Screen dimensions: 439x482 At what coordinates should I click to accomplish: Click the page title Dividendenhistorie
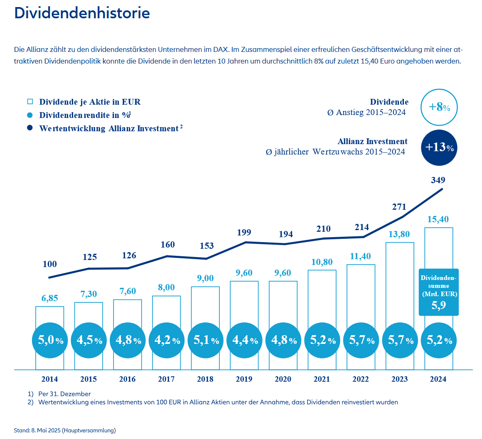click(x=82, y=13)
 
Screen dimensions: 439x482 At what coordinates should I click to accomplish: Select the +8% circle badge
click(x=439, y=107)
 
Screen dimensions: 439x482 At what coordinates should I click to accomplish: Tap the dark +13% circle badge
click(x=439, y=147)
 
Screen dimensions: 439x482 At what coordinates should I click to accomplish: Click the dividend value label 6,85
click(x=50, y=298)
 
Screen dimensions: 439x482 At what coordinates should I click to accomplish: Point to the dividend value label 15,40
click(x=438, y=219)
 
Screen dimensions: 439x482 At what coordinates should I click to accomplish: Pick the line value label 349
click(x=438, y=180)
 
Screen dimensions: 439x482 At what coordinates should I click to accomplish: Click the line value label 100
click(x=50, y=264)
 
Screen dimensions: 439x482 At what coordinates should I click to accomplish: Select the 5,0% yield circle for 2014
click(x=50, y=341)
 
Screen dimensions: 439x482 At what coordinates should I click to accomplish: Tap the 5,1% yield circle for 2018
click(x=205, y=341)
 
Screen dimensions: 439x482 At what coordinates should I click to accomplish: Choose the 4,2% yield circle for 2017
click(x=167, y=341)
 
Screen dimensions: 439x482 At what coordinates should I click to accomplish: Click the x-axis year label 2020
click(x=283, y=379)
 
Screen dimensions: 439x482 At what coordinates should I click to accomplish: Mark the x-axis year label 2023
click(x=399, y=379)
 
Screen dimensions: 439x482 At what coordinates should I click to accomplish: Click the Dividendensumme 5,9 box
click(x=438, y=292)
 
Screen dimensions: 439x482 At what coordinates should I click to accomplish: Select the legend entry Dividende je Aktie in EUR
click(x=90, y=102)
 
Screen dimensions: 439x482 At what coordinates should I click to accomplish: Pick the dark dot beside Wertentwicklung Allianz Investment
click(x=30, y=128)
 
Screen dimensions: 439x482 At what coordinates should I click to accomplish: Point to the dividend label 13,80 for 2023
click(x=399, y=234)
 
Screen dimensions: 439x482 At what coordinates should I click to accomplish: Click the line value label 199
click(x=244, y=233)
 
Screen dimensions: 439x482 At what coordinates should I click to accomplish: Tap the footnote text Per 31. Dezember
click(x=64, y=394)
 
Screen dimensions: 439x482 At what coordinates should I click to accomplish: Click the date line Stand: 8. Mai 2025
click(x=65, y=430)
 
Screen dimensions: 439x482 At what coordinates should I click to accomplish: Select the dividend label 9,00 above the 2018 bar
click(x=205, y=278)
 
